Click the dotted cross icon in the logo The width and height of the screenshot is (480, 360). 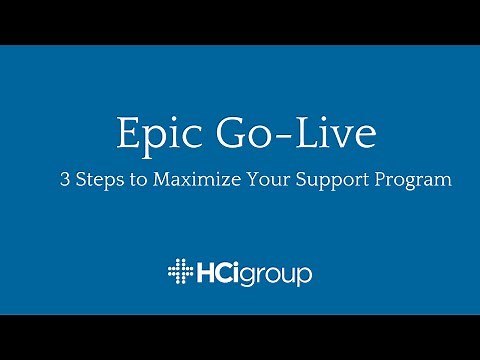pyautogui.click(x=181, y=272)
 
